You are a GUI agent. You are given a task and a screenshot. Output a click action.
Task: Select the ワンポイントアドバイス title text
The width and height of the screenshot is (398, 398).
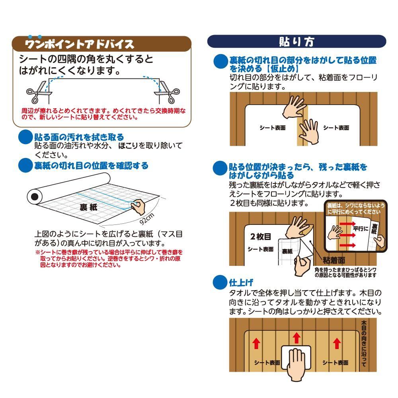[x=80, y=43]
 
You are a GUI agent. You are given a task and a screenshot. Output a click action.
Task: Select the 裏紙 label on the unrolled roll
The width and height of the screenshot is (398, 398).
[x=89, y=208]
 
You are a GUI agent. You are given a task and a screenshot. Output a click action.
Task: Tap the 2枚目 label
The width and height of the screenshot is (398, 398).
[x=261, y=236]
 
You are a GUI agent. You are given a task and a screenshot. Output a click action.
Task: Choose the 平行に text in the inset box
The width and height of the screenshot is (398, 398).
[x=360, y=230]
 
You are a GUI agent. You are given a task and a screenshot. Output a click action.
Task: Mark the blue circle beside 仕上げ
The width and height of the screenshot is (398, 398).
[x=220, y=282]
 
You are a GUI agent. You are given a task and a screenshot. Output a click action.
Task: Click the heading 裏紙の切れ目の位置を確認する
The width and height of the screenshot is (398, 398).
[x=92, y=166]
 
